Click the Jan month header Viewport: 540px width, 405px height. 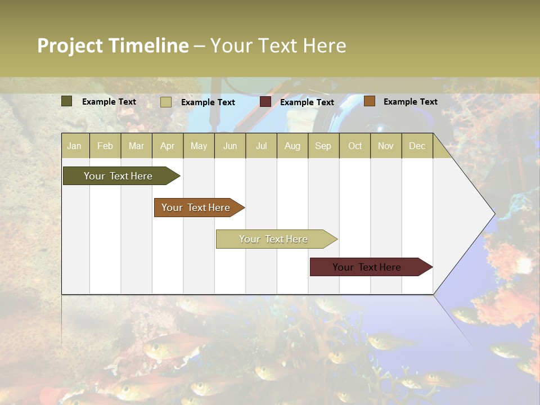coord(74,146)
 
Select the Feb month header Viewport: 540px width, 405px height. coord(105,146)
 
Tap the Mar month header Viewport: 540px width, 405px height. coord(136,146)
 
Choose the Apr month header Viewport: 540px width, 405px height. coord(168,146)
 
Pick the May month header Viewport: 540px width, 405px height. coord(199,146)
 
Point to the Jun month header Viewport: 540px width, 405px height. coord(230,146)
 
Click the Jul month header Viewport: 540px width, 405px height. coord(261,146)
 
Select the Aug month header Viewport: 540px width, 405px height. coord(292,146)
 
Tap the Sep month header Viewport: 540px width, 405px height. coord(323,146)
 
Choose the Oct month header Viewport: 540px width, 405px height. coord(355,146)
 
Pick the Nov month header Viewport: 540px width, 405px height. coord(386,146)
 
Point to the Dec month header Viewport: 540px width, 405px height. coord(417,146)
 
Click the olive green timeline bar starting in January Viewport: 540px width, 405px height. coord(119,176)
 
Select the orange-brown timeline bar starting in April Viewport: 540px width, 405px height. coord(196,208)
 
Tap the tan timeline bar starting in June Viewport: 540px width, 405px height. coord(273,239)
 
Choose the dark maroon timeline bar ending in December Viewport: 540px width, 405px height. coord(367,267)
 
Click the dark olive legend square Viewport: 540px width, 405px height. coord(67,101)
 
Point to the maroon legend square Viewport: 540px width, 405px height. coord(265,102)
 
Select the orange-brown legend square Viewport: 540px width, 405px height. coord(369,101)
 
